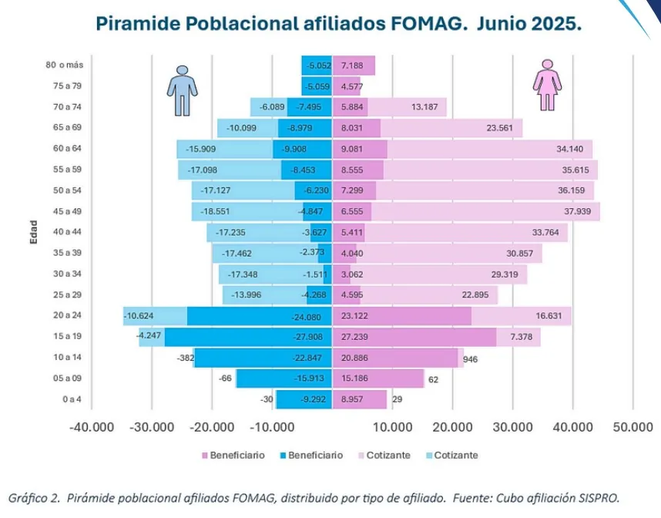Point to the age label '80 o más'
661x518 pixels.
pos(65,66)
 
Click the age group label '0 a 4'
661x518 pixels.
pos(72,399)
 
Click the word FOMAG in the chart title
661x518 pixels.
pos(426,23)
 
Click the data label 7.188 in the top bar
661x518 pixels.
pos(352,66)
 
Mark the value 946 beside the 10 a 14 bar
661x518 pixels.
pos(469,358)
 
